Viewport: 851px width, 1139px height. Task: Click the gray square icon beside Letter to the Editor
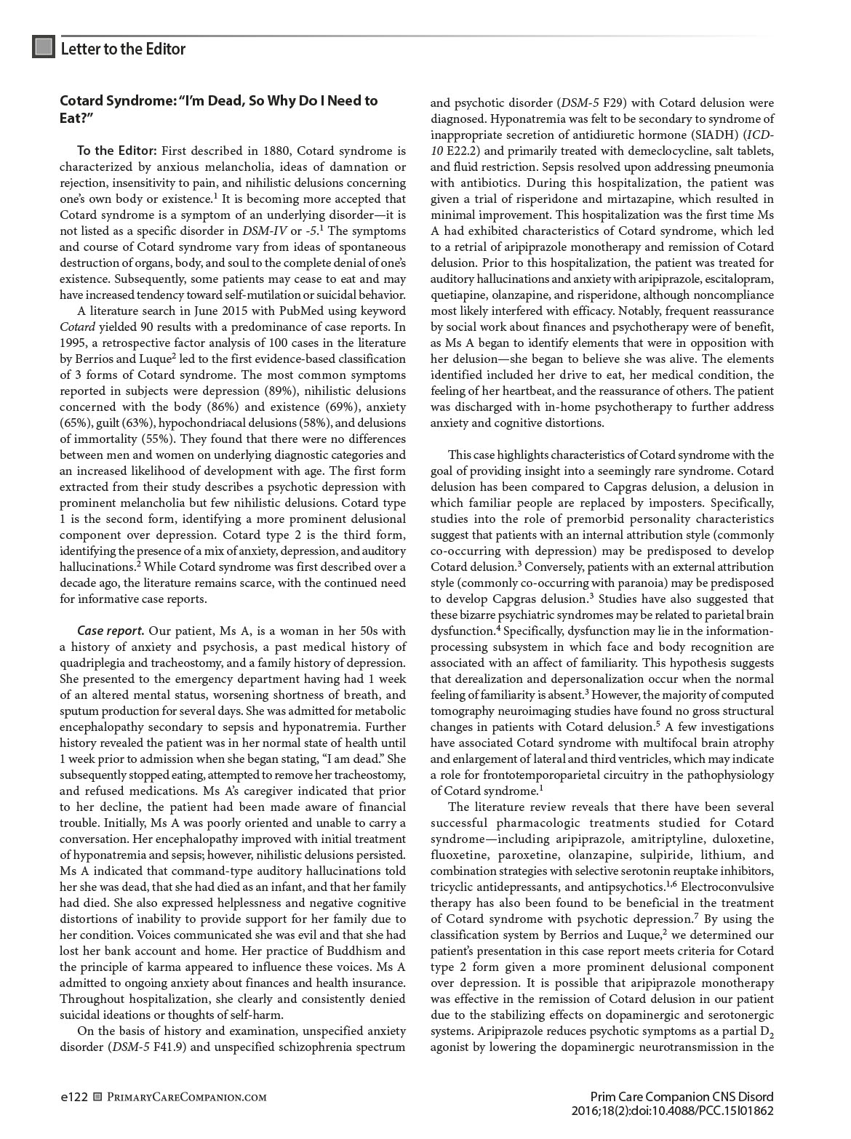click(44, 48)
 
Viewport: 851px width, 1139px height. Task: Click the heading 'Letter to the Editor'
click(123, 49)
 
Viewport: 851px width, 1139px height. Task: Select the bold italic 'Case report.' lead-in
click(111, 630)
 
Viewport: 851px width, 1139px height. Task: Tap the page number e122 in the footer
click(73, 1097)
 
